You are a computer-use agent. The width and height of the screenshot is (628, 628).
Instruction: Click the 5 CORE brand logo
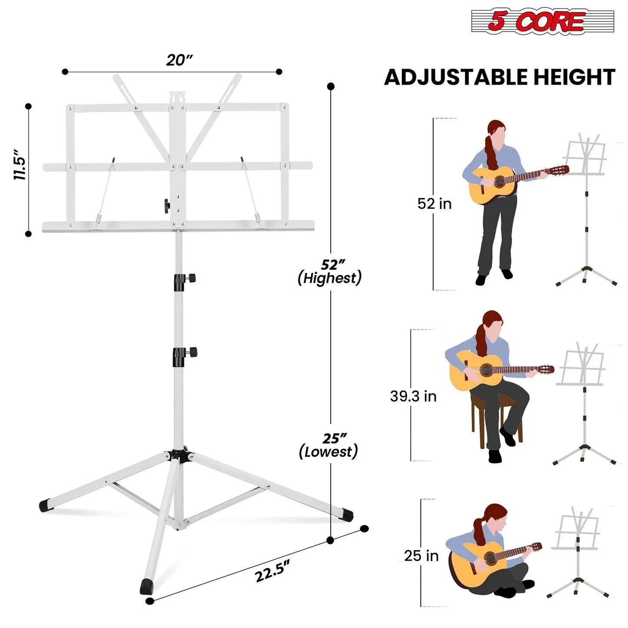(x=542, y=21)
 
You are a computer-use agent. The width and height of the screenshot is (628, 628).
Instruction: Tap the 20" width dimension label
(x=179, y=60)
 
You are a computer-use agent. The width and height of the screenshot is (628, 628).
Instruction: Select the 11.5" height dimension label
(x=20, y=165)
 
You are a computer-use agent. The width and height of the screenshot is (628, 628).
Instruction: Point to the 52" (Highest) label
(x=330, y=272)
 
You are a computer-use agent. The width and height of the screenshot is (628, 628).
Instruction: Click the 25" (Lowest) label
(x=329, y=445)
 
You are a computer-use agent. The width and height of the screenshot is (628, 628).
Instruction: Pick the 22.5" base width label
(x=272, y=571)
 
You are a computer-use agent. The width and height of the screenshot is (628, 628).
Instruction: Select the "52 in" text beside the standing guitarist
(x=434, y=204)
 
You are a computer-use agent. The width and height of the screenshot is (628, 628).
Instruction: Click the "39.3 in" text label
(x=413, y=396)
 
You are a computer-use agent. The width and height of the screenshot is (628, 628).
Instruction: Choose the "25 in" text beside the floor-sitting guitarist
(x=421, y=556)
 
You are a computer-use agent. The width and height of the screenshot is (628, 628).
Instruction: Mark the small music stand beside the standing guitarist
(x=586, y=209)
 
